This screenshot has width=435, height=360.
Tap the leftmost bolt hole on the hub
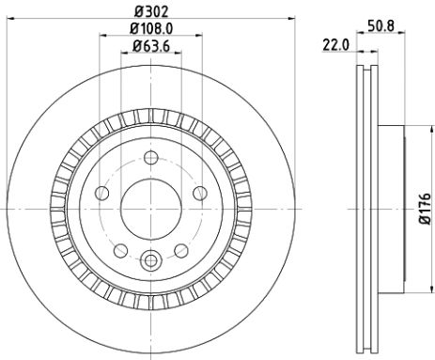click(101, 193)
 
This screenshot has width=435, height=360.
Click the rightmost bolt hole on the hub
click(200, 193)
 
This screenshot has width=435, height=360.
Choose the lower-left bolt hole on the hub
click(120, 249)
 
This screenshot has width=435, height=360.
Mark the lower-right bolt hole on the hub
click(181, 249)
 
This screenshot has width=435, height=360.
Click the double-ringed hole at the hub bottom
click(150, 258)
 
